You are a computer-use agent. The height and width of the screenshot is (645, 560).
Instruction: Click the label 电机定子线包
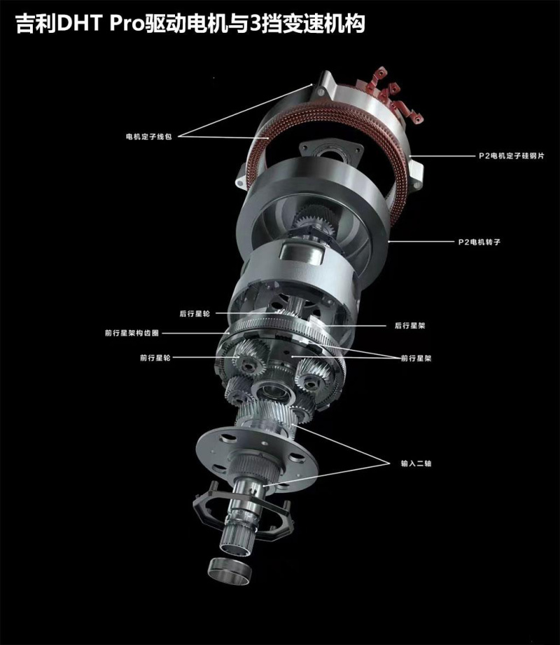coord(148,137)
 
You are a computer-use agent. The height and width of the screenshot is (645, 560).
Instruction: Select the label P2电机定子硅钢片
coord(512,156)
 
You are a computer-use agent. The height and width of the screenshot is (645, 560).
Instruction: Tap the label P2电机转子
coord(479,242)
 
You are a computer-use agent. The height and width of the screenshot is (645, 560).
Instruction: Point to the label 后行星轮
coord(195,313)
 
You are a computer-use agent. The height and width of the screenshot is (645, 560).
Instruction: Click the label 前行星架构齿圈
coord(132,333)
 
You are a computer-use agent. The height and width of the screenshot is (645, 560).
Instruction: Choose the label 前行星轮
coord(155,358)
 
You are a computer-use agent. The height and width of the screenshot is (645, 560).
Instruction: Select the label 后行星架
coord(409,326)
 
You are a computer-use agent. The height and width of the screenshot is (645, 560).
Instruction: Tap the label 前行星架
coord(416,358)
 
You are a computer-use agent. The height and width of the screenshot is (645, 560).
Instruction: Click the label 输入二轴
coord(416,463)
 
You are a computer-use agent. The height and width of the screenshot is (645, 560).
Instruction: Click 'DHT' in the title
coord(79,24)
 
